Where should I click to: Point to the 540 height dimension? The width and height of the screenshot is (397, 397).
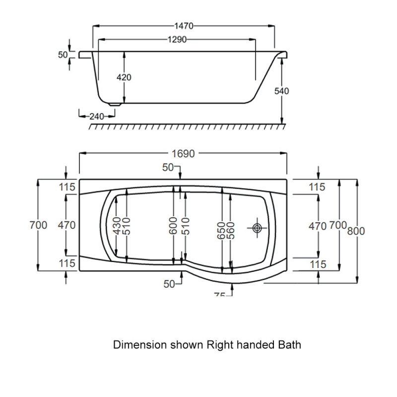(281, 91)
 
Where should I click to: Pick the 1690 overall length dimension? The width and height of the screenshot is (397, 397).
(184, 153)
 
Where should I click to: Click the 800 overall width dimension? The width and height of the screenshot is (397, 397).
(357, 231)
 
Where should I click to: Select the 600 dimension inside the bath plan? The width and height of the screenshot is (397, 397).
(174, 227)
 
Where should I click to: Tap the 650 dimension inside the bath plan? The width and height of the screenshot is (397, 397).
(221, 229)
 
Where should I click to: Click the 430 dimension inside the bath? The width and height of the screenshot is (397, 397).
(117, 226)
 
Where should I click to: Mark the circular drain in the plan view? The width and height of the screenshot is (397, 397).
(257, 228)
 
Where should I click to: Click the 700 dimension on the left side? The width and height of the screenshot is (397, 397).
(39, 225)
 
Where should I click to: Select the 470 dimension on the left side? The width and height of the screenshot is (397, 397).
(66, 225)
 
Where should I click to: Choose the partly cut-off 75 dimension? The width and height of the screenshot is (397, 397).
(220, 295)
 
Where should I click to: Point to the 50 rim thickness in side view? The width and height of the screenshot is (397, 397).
(63, 55)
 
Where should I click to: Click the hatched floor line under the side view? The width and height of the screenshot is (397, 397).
(186, 128)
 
